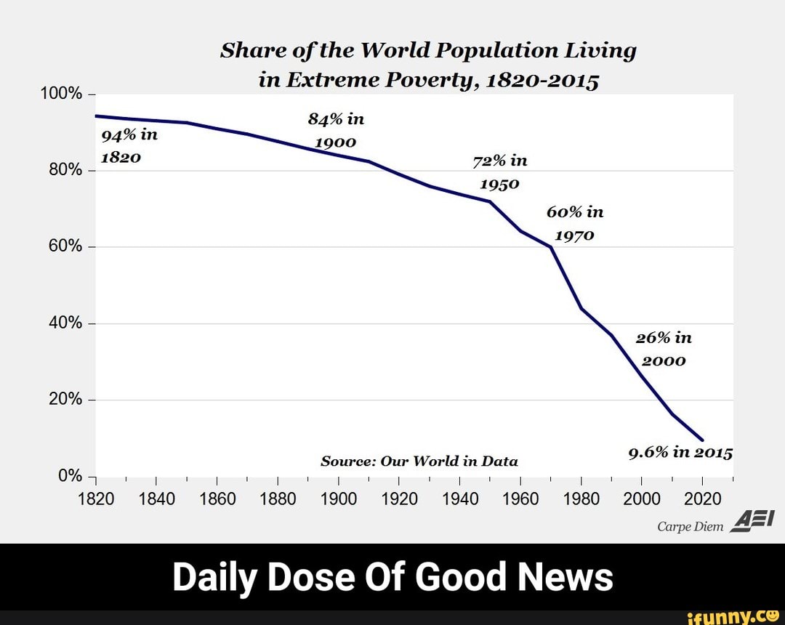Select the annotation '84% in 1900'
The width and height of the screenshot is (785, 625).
click(335, 130)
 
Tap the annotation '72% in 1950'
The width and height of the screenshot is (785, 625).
click(500, 172)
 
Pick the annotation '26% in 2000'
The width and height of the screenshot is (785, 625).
click(663, 349)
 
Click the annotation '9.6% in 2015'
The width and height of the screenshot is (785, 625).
click(680, 453)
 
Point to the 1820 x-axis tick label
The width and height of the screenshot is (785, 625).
click(96, 499)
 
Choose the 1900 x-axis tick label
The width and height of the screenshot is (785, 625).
click(339, 499)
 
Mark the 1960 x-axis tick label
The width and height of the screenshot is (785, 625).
click(520, 499)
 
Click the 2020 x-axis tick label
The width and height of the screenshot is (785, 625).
click(702, 499)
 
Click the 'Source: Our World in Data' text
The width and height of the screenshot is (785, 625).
click(419, 461)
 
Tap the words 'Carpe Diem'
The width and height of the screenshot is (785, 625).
click(691, 527)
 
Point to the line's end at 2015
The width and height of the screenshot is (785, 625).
click(702, 440)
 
